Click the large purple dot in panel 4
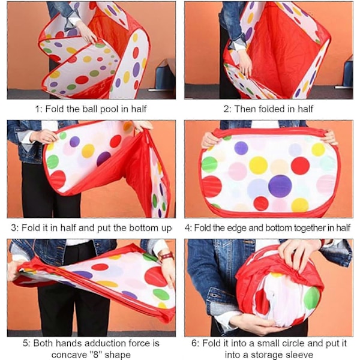280,186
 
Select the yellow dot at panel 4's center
258,165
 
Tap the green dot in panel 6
311,298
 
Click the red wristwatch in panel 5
166,256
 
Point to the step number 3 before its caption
14,228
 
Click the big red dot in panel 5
156,277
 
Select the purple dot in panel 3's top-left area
74,142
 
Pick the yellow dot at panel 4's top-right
318,149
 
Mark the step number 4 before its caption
188,228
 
